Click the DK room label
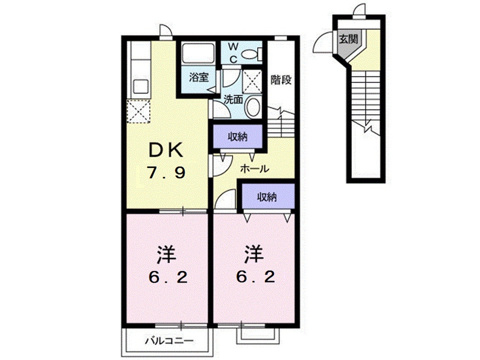click(x=166, y=149)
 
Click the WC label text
click(x=234, y=51)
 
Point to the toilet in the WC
click(x=251, y=54)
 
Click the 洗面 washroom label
click(x=233, y=99)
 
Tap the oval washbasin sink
click(x=254, y=107)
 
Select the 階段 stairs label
click(x=281, y=79)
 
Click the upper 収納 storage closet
click(x=238, y=136)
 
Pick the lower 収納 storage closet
click(x=267, y=197)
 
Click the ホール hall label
click(x=254, y=168)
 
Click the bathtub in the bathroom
click(x=196, y=55)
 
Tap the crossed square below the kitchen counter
click(x=140, y=111)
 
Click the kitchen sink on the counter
click(x=140, y=87)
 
